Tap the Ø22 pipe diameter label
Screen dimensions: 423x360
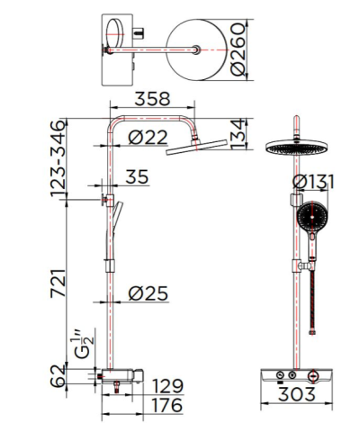(x=148, y=137)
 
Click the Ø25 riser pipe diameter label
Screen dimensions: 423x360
(x=148, y=294)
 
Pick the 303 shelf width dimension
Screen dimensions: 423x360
(x=298, y=393)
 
